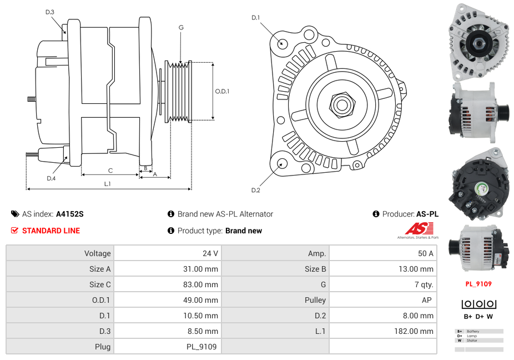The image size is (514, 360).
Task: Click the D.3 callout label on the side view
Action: (50, 12)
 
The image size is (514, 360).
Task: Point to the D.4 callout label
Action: (51, 178)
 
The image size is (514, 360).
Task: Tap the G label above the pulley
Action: (181, 27)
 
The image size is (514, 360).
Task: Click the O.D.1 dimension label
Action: (222, 92)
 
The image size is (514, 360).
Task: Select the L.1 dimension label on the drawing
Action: (108, 184)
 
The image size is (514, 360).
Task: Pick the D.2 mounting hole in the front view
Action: (281, 163)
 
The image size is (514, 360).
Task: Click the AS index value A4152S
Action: (70, 214)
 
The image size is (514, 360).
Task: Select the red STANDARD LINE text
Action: (51, 231)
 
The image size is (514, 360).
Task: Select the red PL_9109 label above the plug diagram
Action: (478, 284)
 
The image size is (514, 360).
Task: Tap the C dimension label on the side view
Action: (110, 171)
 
